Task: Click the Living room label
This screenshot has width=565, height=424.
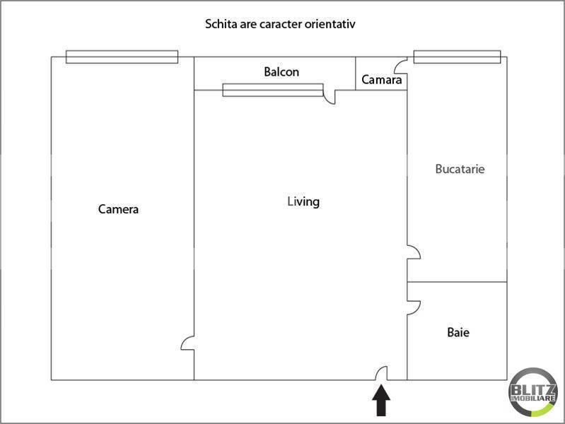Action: (303, 201)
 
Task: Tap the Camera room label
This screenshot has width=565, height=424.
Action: (118, 209)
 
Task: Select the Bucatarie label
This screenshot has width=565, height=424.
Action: (460, 169)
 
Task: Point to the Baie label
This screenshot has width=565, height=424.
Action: (458, 332)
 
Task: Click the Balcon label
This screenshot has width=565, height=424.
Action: (281, 71)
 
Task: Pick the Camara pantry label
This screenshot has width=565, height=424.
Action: (382, 80)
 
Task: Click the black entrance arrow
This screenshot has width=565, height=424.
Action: (381, 400)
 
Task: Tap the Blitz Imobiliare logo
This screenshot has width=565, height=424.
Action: (532, 392)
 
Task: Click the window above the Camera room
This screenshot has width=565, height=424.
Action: (122, 57)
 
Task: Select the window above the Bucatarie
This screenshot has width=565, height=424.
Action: (457, 57)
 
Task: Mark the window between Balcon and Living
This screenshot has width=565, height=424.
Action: (273, 90)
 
